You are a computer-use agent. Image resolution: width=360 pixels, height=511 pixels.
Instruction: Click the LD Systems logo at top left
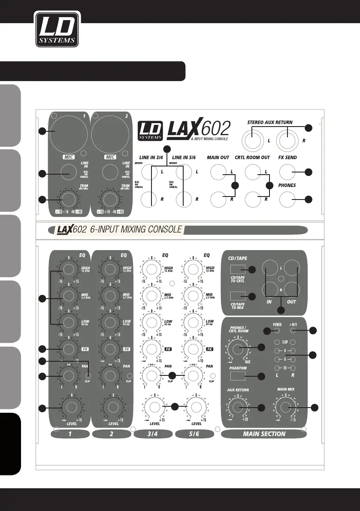57,29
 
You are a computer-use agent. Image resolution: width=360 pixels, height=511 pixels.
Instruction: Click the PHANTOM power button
237,376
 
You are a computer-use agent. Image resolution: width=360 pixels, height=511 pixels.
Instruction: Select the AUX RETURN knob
238,408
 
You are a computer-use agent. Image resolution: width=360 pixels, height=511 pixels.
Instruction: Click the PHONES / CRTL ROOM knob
238,347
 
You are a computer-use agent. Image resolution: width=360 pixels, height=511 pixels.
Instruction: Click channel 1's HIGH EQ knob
68,269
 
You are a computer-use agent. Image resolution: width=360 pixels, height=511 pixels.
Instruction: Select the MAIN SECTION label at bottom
264,434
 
